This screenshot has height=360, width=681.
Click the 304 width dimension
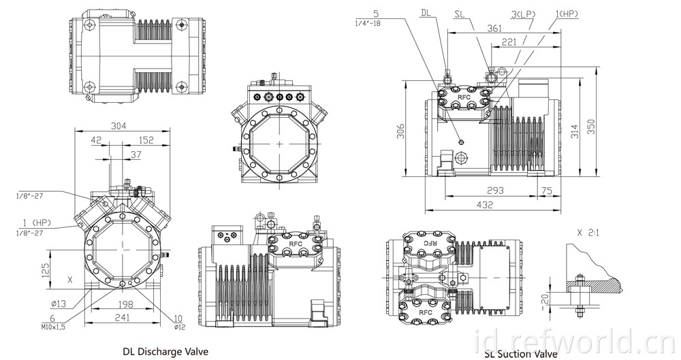[x=118, y=126]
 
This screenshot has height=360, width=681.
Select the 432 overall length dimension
[x=485, y=205]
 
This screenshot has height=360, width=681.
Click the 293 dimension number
[x=495, y=190]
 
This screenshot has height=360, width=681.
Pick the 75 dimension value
[x=548, y=190]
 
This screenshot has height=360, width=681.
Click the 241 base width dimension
[x=123, y=317]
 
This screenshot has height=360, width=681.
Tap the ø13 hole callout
[x=57, y=304]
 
